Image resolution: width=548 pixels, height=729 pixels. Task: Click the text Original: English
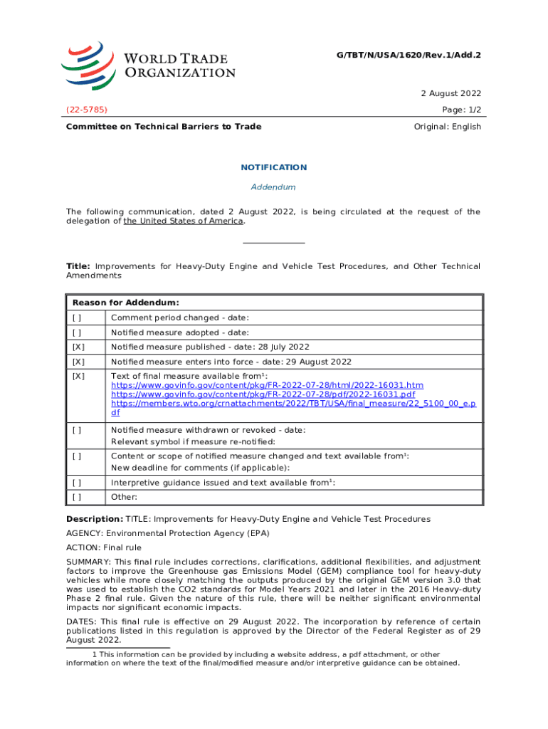(447, 127)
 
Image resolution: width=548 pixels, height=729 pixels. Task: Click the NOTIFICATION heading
(273, 167)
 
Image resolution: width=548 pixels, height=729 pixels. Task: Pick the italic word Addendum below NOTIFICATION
(273, 187)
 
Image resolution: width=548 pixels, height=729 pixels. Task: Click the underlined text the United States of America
(184, 221)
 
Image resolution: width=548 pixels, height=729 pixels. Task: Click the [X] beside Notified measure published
(78, 347)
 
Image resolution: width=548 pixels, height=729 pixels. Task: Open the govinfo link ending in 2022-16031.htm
(267, 385)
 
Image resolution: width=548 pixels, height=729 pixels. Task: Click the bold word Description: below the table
(95, 519)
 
